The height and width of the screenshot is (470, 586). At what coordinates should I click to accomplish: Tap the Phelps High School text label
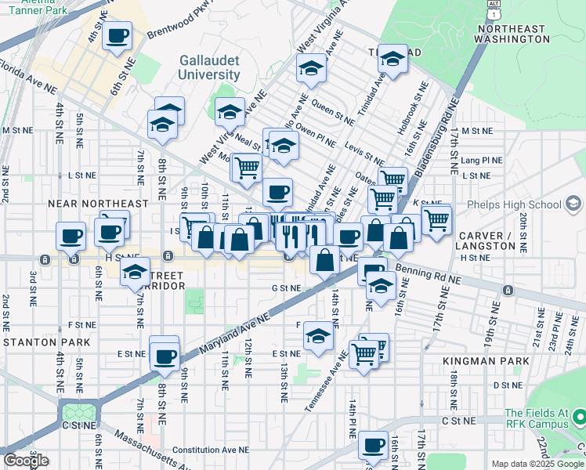pyautogui.click(x=513, y=205)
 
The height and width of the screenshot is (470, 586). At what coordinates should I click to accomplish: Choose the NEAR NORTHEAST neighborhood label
pyautogui.click(x=98, y=204)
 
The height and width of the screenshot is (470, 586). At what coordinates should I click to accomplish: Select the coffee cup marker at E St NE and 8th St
pyautogui.click(x=165, y=356)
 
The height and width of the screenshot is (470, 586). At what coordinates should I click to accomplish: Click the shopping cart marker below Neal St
pyautogui.click(x=247, y=166)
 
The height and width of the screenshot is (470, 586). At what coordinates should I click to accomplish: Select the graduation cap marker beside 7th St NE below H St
pyautogui.click(x=135, y=272)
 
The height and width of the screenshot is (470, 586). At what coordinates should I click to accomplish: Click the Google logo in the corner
pyautogui.click(x=26, y=460)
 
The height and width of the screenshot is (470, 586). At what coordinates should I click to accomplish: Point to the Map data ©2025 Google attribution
pyautogui.click(x=537, y=464)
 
